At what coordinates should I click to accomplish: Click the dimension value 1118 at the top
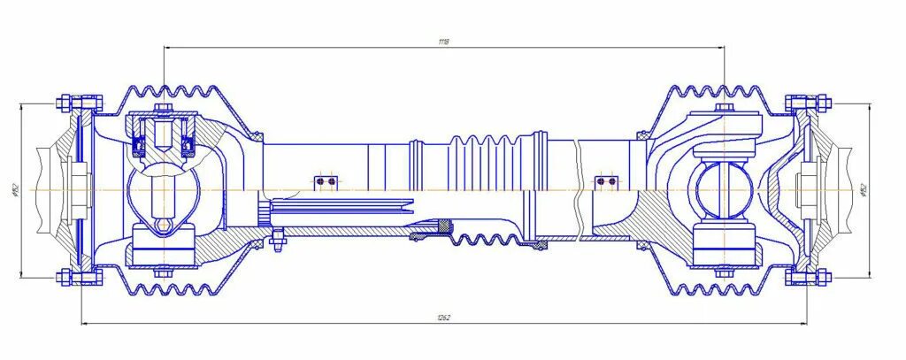coord(443,42)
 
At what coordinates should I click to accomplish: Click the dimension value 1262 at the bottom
coord(443,318)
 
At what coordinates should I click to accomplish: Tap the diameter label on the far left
coord(15,190)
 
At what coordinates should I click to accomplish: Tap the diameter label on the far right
coord(863,190)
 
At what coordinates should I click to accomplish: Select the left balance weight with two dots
coord(326,182)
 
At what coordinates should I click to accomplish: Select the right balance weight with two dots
coord(606,181)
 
